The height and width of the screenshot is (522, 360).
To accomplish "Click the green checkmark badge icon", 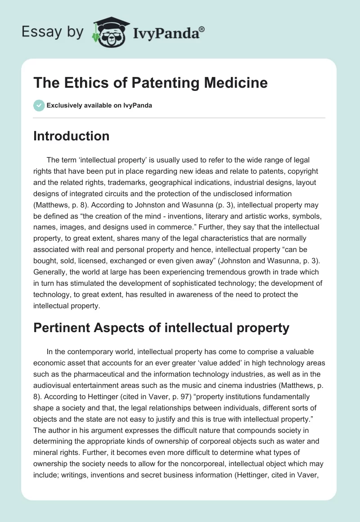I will coord(39,105).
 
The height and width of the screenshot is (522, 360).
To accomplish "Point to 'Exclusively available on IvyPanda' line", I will coord(99,105).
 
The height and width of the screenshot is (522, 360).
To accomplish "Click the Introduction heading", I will coord(71,136).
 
